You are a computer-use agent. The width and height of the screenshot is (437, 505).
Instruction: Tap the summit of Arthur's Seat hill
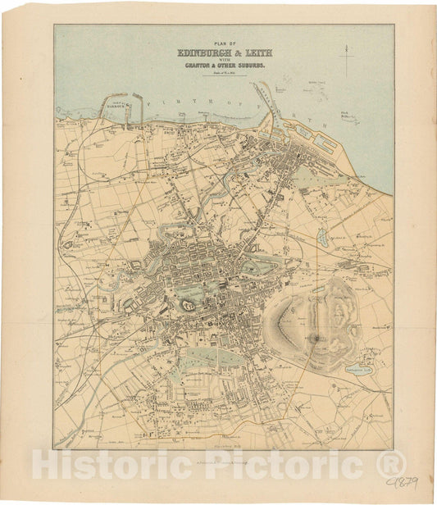tap(316, 337)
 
